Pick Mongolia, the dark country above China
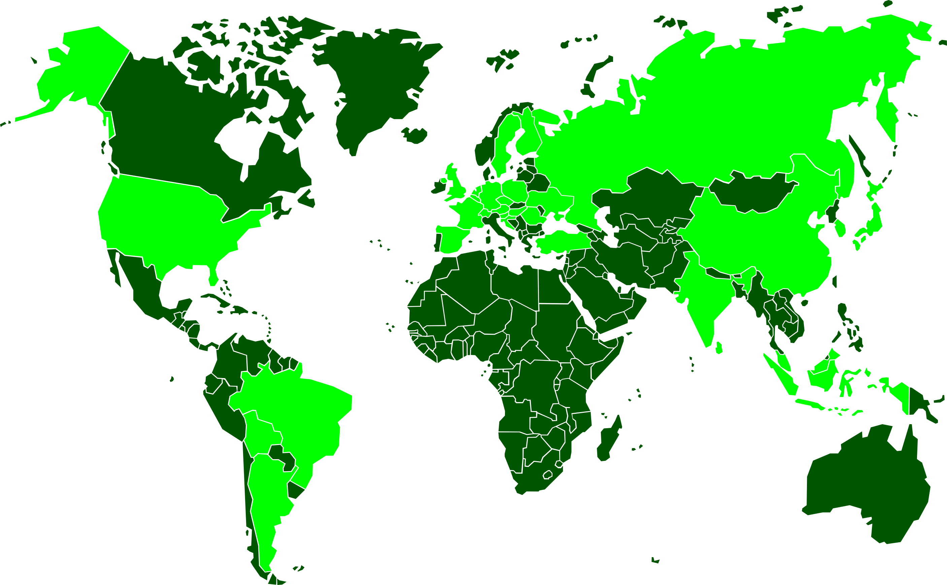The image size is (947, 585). pos(751,193)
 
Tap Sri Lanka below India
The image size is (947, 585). pos(719,348)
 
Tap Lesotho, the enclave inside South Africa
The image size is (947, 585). pos(547,475)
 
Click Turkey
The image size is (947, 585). pos(562,242)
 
